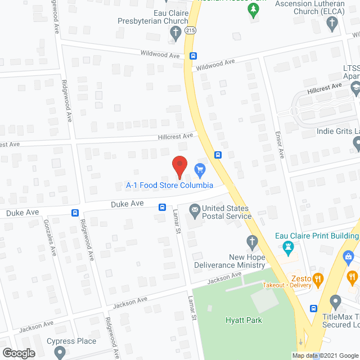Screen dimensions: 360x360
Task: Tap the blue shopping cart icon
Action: point(199,169)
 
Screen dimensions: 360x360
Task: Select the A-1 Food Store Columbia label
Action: point(169,185)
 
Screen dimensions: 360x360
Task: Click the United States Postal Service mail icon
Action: point(195,211)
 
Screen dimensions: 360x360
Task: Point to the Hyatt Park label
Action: point(245,320)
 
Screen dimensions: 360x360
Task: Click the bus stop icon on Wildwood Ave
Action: point(193,56)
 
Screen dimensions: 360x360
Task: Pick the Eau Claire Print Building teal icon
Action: point(289,247)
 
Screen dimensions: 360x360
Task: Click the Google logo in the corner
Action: point(19,353)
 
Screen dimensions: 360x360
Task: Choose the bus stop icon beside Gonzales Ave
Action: point(75,213)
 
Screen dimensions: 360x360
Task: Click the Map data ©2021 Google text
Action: point(325,355)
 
